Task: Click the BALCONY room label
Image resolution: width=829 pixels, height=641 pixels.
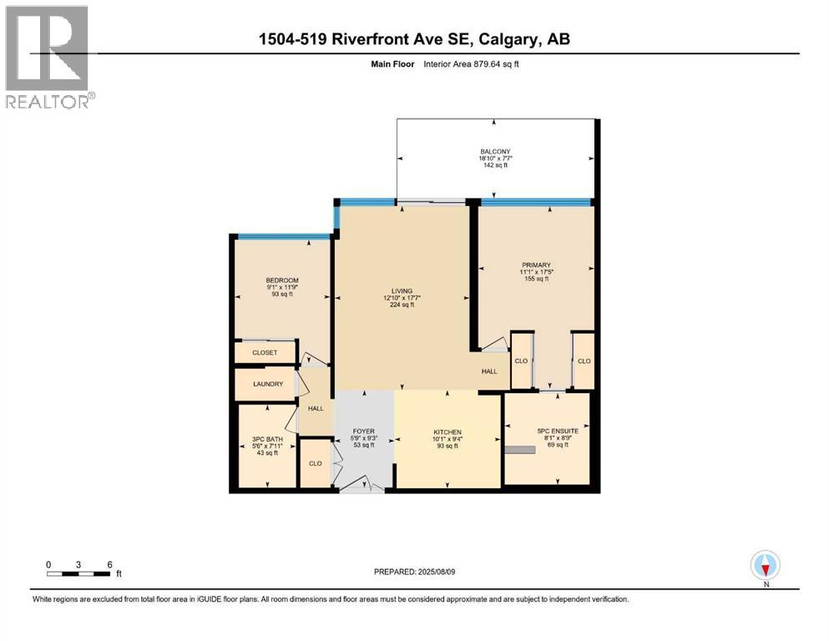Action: point(494,152)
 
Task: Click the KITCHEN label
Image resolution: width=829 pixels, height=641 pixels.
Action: point(447,432)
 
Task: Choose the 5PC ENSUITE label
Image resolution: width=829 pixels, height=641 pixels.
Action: point(558,431)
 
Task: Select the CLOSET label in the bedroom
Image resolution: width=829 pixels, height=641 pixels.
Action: point(265,353)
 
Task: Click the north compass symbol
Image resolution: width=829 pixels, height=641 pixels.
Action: point(766,567)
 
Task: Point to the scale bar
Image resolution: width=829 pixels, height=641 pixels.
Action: point(78,573)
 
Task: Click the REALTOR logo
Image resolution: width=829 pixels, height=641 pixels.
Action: point(48,57)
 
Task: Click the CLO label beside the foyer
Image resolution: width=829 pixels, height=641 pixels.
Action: point(316,463)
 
